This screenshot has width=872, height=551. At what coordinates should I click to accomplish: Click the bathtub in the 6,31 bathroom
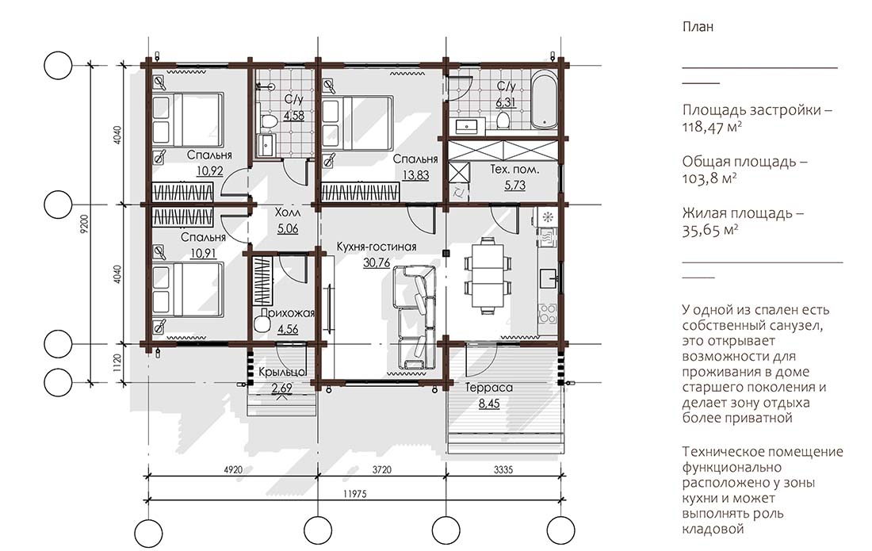[543, 99]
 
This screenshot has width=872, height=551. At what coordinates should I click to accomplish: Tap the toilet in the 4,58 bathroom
[267, 120]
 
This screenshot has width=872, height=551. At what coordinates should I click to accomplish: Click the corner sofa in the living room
[414, 316]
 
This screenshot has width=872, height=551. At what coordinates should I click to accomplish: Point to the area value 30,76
[377, 262]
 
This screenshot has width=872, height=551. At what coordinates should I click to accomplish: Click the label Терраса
[489, 388]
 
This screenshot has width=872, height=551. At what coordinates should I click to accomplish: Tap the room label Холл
[288, 212]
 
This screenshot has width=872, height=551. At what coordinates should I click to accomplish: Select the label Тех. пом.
[515, 170]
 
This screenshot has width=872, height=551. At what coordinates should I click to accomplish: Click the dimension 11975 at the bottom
[355, 493]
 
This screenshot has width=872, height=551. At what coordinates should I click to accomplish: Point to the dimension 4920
[233, 469]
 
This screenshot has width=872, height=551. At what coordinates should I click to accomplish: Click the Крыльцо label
[282, 373]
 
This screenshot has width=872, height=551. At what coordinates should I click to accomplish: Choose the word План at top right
[698, 27]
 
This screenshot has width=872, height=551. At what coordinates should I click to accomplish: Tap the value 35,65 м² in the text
[710, 230]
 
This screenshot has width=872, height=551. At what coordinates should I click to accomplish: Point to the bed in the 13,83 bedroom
[358, 122]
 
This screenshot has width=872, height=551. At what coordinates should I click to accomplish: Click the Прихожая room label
[288, 312]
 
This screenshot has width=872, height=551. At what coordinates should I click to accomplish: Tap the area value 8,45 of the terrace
[489, 404]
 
